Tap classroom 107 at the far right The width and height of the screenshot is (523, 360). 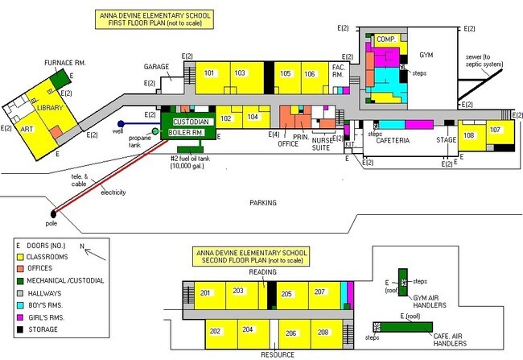click(496, 133)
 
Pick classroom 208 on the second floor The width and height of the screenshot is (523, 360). click(323, 333)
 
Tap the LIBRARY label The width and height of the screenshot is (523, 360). click(49, 108)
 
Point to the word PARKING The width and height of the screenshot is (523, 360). click(263, 202)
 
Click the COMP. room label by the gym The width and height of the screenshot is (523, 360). click(385, 39)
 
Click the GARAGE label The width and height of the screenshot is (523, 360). click(158, 66)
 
